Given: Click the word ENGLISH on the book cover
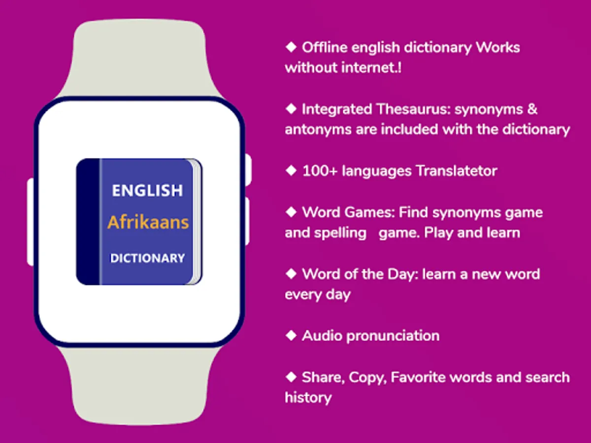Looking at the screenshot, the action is click(x=147, y=190).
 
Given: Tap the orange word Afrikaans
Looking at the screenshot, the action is click(x=148, y=222).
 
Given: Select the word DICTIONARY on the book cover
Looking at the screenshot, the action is click(x=148, y=258).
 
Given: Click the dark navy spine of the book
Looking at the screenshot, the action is click(x=88, y=221).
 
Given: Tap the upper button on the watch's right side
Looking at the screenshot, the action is click(x=248, y=170).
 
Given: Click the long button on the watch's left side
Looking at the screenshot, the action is click(x=31, y=222).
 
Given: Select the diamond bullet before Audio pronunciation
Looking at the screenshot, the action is click(x=291, y=335).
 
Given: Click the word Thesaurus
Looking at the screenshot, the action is click(x=413, y=109).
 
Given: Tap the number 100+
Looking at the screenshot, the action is click(x=320, y=171).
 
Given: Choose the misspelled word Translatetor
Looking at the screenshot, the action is click(x=457, y=171).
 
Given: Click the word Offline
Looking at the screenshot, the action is click(x=325, y=48).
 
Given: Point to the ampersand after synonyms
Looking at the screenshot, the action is click(x=531, y=109).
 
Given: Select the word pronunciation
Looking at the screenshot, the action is click(x=393, y=337).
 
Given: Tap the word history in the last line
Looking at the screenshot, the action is click(x=308, y=398).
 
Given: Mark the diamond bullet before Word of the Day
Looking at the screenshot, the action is click(x=291, y=274).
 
